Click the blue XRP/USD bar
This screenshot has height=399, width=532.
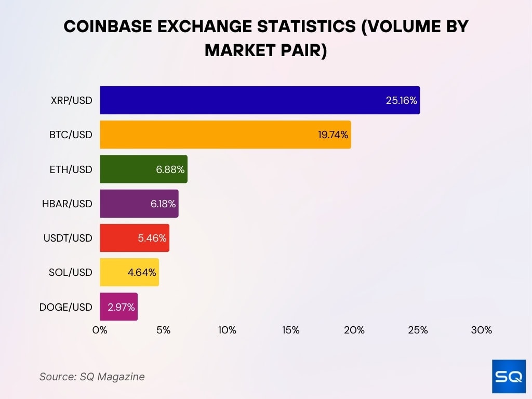260,100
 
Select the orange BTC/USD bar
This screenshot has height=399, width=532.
225,135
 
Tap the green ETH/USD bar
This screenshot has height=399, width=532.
143,169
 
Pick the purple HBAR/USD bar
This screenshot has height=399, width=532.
139,203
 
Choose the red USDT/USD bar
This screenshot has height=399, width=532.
135,238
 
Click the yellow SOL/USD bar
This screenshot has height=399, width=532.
129,272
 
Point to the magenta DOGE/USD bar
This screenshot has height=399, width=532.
118,307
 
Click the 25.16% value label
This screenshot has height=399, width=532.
401,100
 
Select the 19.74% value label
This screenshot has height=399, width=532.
333,135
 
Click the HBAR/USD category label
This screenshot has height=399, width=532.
67,204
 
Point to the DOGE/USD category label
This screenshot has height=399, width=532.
65,307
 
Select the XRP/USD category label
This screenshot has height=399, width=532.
72,100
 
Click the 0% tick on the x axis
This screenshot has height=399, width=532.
100,330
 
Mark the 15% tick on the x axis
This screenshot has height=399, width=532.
290,330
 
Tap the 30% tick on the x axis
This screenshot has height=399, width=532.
481,330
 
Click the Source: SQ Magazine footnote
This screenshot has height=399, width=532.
92,377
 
